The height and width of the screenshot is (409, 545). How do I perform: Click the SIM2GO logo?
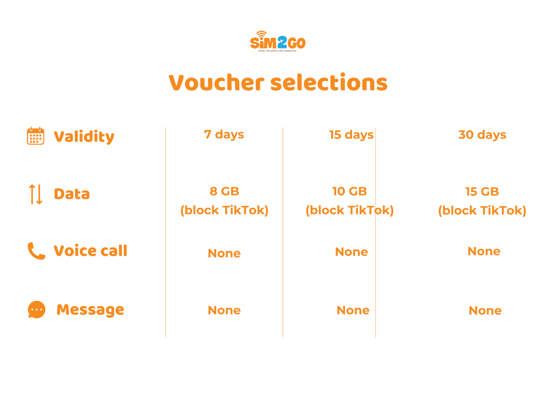tap(278, 41)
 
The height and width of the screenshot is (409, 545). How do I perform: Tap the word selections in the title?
tap(329, 82)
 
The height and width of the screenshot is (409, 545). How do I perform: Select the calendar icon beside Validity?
tap(36, 136)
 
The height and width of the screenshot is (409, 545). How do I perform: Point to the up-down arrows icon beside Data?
tap(35, 194)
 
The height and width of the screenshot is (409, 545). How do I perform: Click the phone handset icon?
tap(36, 251)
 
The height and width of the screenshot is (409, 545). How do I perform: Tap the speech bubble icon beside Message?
tap(37, 309)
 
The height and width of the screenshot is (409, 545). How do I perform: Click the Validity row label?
tap(84, 137)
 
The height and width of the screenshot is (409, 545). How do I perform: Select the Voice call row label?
tap(90, 251)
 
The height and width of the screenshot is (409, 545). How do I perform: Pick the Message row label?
tap(90, 310)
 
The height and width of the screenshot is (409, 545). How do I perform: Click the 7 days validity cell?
tap(224, 135)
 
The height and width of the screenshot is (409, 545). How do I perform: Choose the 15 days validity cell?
tap(351, 135)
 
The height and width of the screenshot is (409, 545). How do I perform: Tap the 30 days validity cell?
tap(482, 135)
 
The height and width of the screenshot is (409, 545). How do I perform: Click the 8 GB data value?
tap(224, 191)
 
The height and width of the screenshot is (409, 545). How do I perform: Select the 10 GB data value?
tap(350, 191)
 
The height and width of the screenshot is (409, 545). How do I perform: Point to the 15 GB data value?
tap(482, 191)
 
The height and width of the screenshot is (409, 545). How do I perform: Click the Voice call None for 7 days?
tap(224, 253)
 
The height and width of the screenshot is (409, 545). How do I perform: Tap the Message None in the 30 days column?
tap(485, 310)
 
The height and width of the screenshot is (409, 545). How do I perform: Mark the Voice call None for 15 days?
tap(352, 252)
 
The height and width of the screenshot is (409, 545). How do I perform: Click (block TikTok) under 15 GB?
tap(482, 211)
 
